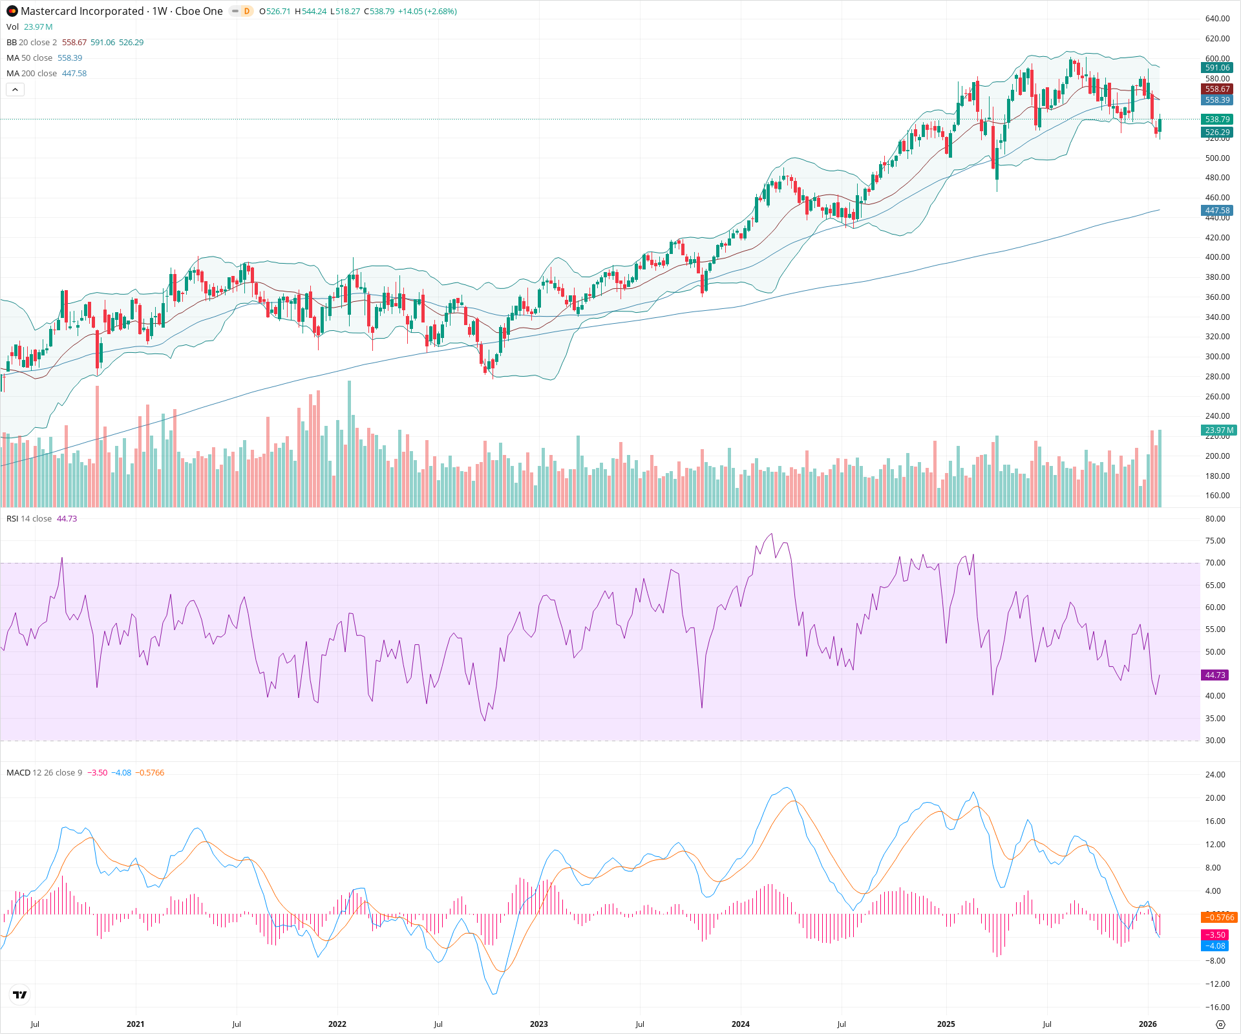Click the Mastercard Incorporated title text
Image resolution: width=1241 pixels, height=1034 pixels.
click(x=82, y=11)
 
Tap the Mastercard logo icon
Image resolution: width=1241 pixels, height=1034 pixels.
click(x=12, y=11)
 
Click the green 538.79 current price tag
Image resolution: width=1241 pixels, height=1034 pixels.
click(x=1217, y=120)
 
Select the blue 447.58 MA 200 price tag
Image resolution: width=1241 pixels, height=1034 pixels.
click(x=1217, y=211)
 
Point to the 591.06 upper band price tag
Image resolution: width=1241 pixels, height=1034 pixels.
click(x=1217, y=68)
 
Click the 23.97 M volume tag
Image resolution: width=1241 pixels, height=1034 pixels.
click(x=1218, y=430)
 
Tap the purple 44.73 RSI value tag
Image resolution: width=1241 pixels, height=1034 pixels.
click(x=1215, y=675)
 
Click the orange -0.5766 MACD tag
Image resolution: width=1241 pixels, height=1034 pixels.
click(x=1218, y=918)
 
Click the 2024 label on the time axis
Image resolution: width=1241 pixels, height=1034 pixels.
click(x=740, y=1024)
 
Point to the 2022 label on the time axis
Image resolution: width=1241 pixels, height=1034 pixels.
click(x=337, y=1024)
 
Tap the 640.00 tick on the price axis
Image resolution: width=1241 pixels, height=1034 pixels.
click(x=1217, y=19)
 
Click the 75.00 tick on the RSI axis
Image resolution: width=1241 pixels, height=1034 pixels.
click(x=1215, y=541)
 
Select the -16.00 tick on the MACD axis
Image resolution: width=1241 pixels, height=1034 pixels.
click(x=1216, y=1008)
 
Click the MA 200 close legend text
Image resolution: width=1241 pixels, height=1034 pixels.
click(x=32, y=74)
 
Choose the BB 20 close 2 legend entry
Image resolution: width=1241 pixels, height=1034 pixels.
click(x=32, y=43)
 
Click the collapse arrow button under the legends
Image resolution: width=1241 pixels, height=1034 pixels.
click(x=15, y=90)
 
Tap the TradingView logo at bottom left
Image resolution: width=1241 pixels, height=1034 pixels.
click(x=20, y=995)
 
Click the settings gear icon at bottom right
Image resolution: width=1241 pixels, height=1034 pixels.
click(x=1220, y=1025)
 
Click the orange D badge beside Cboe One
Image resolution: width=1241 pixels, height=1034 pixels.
click(x=246, y=11)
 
